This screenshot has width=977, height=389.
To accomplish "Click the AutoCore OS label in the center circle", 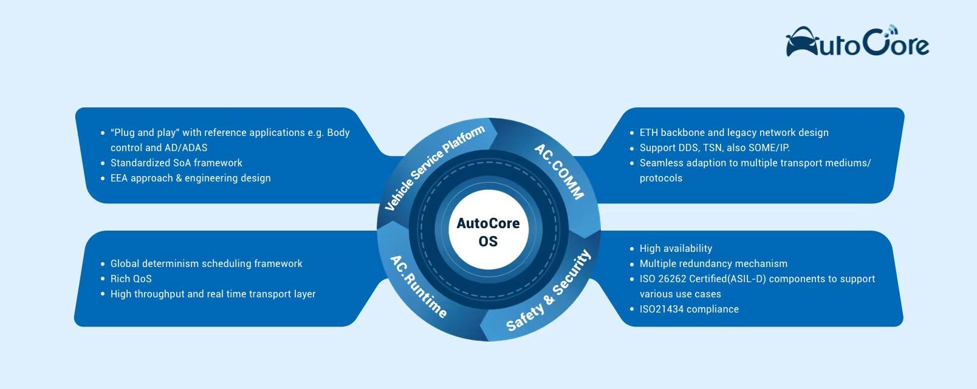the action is pos(488,232).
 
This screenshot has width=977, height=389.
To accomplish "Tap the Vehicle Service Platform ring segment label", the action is pos(434,167).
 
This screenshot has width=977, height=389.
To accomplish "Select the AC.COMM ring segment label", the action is pos(559,172).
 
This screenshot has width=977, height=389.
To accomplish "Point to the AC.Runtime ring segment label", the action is pos(418,286).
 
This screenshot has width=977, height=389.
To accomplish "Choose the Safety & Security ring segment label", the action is pos(549,290).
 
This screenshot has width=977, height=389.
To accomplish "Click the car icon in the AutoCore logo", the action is pos(801,42).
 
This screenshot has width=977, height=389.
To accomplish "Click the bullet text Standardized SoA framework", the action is pos(176,163).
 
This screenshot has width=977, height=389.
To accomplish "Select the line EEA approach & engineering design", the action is pos(191,178).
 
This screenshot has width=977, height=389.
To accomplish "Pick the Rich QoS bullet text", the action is pos(131,279).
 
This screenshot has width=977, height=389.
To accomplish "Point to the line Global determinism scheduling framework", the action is pos(207,263).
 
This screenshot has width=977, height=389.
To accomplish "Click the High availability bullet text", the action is pos(676,248).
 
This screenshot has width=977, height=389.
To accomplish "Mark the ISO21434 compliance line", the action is pos(689,309).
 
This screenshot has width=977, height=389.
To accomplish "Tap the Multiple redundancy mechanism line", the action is pos(713,263).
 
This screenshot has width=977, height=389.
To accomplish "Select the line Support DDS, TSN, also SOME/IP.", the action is pos(715,147).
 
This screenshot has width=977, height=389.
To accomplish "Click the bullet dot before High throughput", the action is pos(103,294).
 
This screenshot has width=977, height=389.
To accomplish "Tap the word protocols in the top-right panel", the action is pos(661,178).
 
